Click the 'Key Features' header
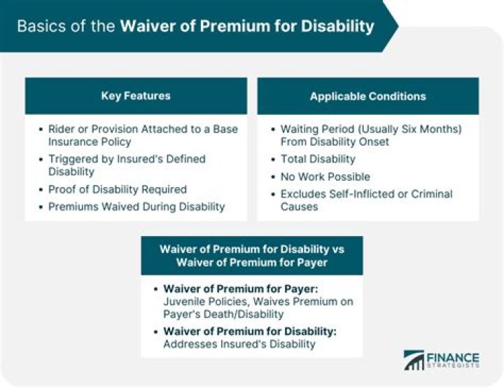pos(136,96)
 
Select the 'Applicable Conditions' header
pos(367,96)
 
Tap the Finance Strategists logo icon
pos(414,360)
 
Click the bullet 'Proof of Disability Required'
pos(117,189)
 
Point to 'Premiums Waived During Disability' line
pos(136,207)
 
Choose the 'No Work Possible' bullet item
pos(325,176)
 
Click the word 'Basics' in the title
pos(39,27)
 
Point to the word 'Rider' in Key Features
pos(62,130)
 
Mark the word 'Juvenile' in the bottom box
pos(185,302)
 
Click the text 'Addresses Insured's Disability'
pos(239,344)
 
